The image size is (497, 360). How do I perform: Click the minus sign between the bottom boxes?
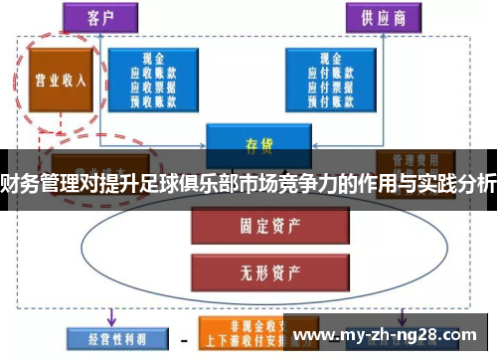[184, 338]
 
